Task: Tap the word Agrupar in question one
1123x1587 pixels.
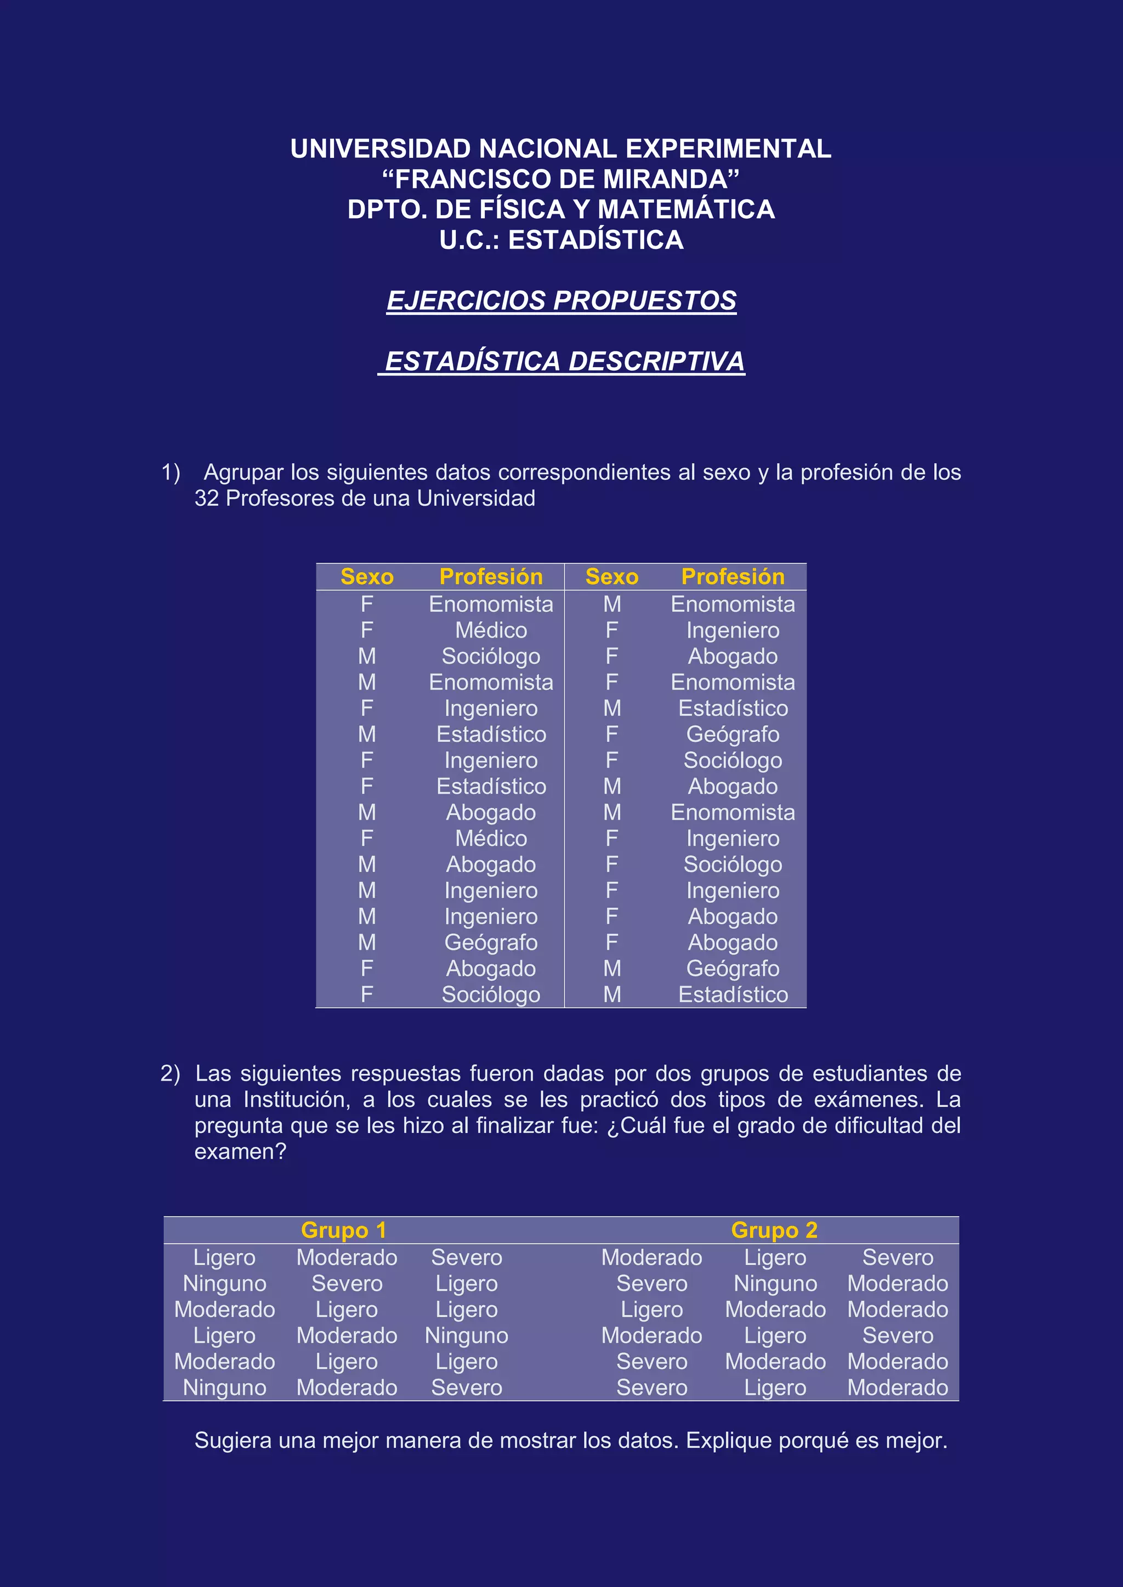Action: [243, 472]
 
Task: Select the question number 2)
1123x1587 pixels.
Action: [170, 1073]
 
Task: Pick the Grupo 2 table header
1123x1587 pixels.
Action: [774, 1230]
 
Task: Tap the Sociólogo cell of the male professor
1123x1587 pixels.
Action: [491, 656]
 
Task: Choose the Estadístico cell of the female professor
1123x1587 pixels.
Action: [491, 786]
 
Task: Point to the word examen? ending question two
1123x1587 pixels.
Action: [240, 1152]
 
